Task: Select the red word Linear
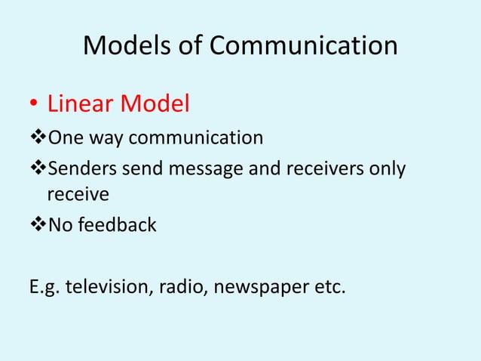pos(81,104)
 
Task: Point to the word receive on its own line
pos(78,195)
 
